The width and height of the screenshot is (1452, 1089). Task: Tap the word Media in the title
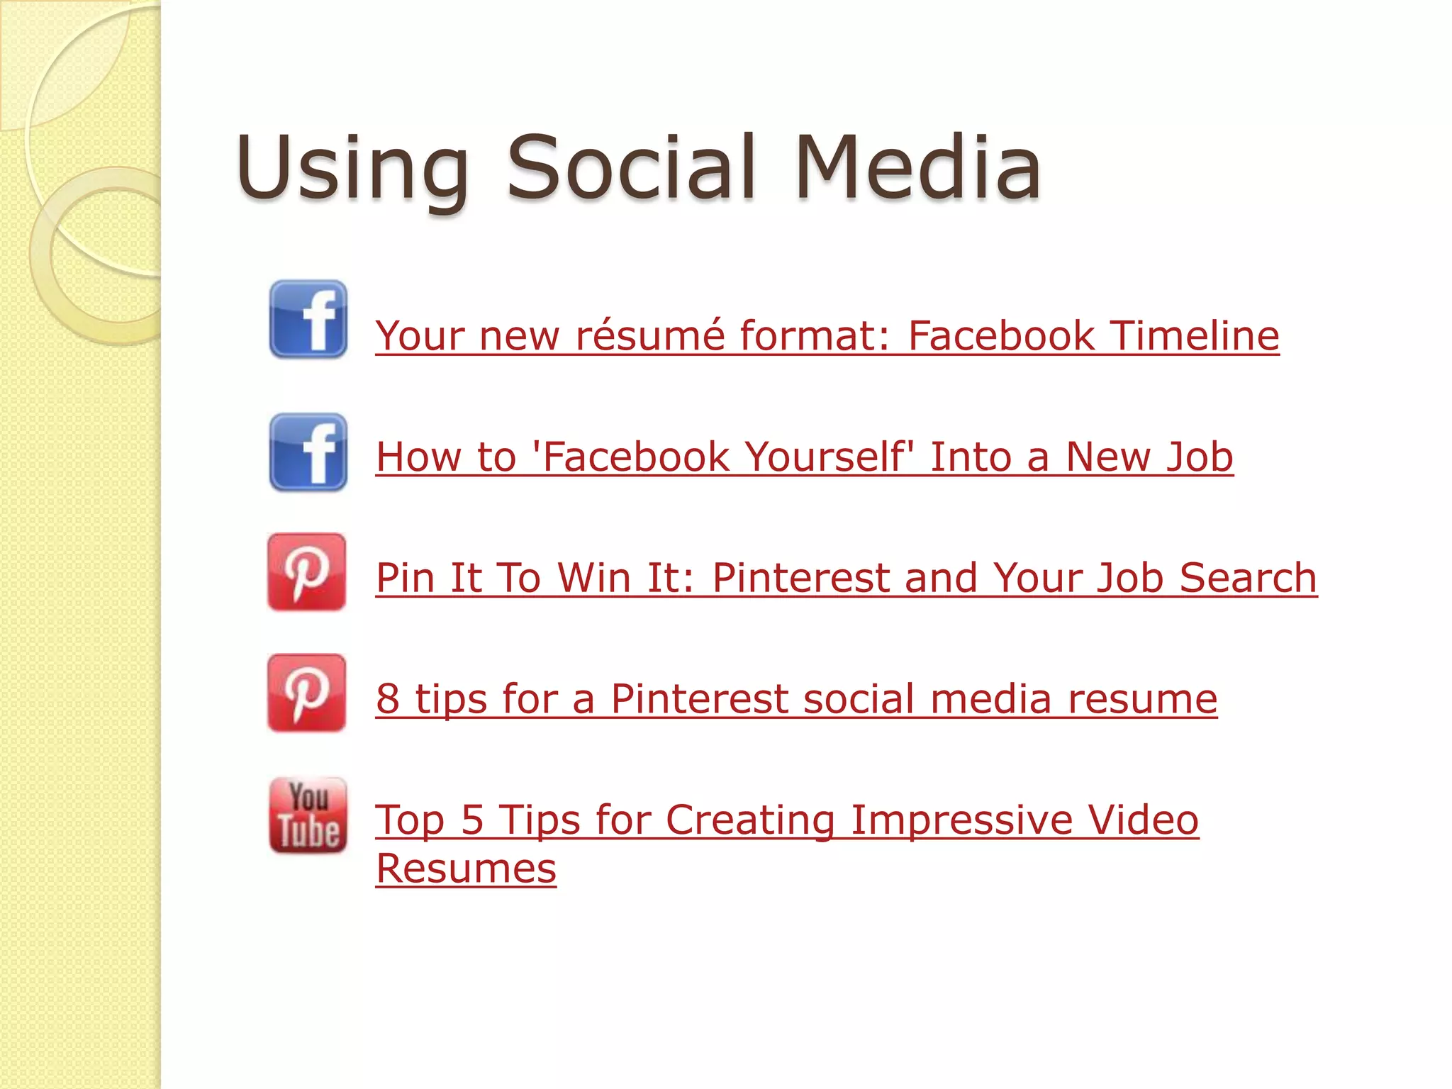[x=917, y=167]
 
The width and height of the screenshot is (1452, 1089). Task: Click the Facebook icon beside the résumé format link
[x=308, y=319]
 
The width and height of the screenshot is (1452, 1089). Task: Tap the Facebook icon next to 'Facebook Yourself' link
[x=308, y=452]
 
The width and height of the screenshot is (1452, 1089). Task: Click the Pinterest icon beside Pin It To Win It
[x=307, y=572]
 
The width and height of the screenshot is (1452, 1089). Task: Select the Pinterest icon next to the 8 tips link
[x=307, y=693]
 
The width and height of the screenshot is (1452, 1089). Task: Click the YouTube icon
[x=308, y=815]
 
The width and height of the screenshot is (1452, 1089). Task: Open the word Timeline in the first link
[x=1195, y=335]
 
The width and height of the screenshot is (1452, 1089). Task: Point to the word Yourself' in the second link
[x=830, y=457]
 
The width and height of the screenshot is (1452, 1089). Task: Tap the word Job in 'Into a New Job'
[x=1199, y=457]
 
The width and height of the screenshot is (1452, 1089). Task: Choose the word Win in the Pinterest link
[x=594, y=578]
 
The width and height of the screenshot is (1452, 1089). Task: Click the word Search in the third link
[x=1248, y=578]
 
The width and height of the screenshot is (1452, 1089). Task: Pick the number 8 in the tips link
[x=388, y=699]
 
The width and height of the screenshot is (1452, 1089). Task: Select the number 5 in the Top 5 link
[x=472, y=820]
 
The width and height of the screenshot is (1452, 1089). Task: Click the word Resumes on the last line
[x=466, y=869]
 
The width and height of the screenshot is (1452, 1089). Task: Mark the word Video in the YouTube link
[x=1143, y=820]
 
